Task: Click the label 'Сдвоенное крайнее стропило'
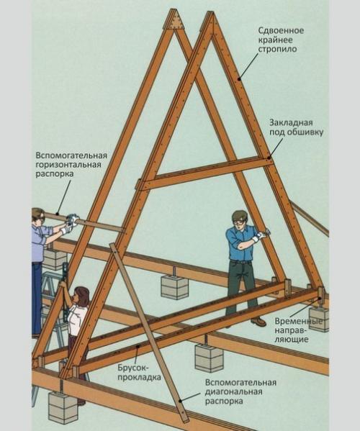(284, 41)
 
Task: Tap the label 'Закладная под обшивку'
(297, 127)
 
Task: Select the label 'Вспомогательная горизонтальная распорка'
(71, 165)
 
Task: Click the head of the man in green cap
(239, 218)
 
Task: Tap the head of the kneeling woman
(81, 295)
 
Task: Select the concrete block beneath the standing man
(174, 286)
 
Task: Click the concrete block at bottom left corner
(63, 407)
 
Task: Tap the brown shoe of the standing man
(258, 322)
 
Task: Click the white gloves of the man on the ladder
(71, 222)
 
